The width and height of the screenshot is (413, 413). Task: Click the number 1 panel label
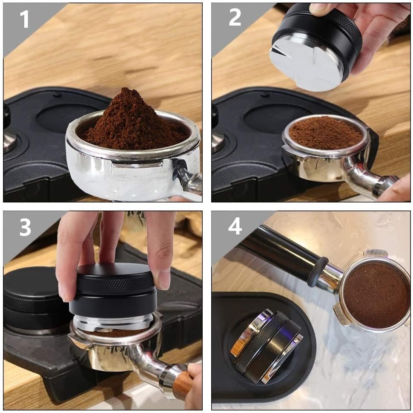[25, 19]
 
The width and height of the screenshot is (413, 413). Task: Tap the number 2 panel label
[235, 17]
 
